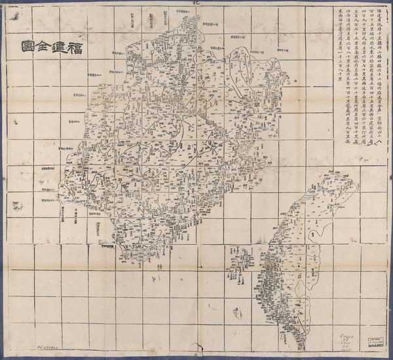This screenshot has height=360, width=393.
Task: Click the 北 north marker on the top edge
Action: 195,3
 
